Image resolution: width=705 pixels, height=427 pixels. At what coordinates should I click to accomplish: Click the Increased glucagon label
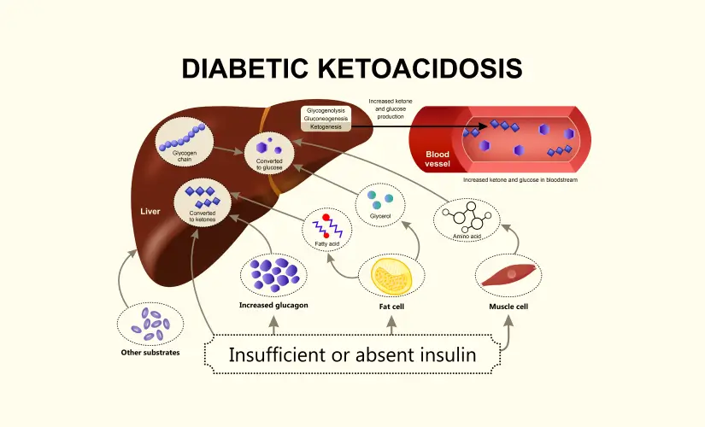(x=273, y=305)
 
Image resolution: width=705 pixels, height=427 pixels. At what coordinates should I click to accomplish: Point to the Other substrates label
(x=150, y=352)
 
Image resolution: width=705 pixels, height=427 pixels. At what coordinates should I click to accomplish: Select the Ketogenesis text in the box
(x=325, y=126)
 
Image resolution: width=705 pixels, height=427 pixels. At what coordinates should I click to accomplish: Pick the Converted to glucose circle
(x=269, y=152)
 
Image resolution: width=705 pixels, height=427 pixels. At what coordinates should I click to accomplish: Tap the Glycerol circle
(x=379, y=204)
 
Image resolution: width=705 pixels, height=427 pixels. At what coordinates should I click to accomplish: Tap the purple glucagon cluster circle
(x=273, y=274)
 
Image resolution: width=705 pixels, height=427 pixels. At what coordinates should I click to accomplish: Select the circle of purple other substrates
(x=150, y=325)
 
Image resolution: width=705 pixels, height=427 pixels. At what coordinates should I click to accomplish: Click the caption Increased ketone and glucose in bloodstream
(x=520, y=180)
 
